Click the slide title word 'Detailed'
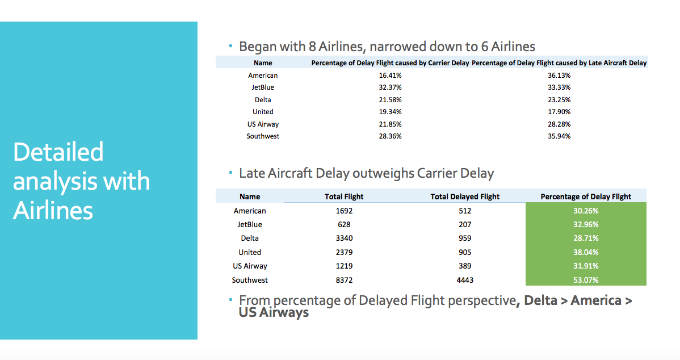click(58, 152)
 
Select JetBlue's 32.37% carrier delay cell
click(390, 87)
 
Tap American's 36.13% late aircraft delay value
click(559, 75)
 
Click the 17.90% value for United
click(559, 112)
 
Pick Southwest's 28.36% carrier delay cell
click(390, 136)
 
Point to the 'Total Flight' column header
click(344, 196)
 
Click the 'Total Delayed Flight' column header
click(465, 196)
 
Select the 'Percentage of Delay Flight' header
click(586, 196)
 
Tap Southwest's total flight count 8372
click(344, 280)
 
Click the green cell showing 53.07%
click(586, 280)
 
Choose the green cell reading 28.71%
click(586, 238)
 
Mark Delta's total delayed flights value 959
click(465, 238)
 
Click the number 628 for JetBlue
click(344, 224)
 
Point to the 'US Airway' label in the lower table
click(250, 266)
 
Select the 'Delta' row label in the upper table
click(263, 100)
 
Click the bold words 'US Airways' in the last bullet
click(274, 312)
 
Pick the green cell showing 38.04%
click(586, 252)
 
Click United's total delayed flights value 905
click(465, 252)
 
